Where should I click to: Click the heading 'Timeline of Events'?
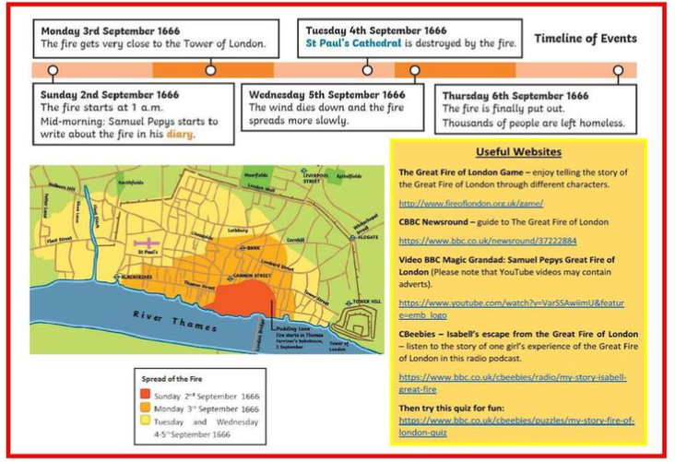586,39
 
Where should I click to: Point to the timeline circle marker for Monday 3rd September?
210,70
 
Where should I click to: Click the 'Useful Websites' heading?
518,152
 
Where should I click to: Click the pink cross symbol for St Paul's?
145,242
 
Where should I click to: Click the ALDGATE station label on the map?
365,237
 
